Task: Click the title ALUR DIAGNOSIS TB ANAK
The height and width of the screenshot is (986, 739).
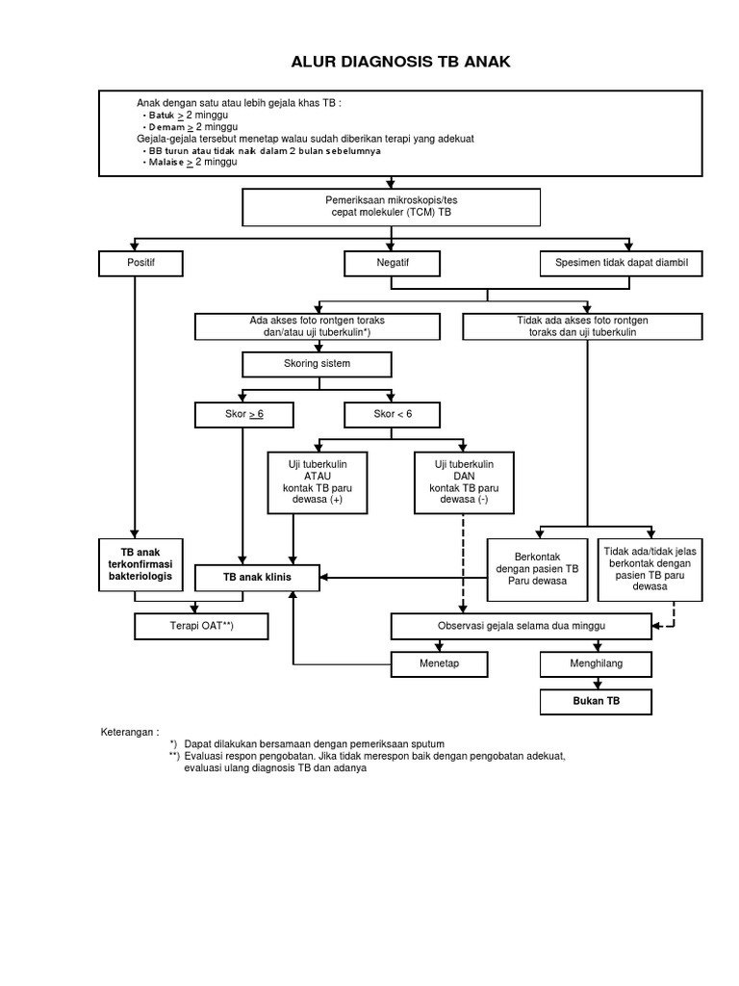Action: tap(400, 63)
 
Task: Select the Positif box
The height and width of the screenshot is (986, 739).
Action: tap(140, 264)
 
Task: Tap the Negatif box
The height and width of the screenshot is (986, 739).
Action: tap(392, 264)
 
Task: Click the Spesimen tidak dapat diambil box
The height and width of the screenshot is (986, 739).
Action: tap(615, 264)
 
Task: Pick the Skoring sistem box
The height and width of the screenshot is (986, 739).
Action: tap(317, 364)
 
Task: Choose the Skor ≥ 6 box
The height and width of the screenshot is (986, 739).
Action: tap(243, 414)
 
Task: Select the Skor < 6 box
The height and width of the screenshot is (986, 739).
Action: tap(392, 414)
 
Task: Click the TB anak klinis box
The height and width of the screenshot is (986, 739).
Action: tap(257, 577)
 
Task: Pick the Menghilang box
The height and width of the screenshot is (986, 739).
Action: tap(596, 663)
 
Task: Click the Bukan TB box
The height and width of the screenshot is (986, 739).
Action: tap(596, 702)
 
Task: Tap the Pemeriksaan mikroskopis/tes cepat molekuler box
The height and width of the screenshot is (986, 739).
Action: tap(391, 206)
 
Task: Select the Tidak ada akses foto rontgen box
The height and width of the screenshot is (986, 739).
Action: tap(583, 326)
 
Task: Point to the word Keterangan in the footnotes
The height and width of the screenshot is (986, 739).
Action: tap(130, 732)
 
